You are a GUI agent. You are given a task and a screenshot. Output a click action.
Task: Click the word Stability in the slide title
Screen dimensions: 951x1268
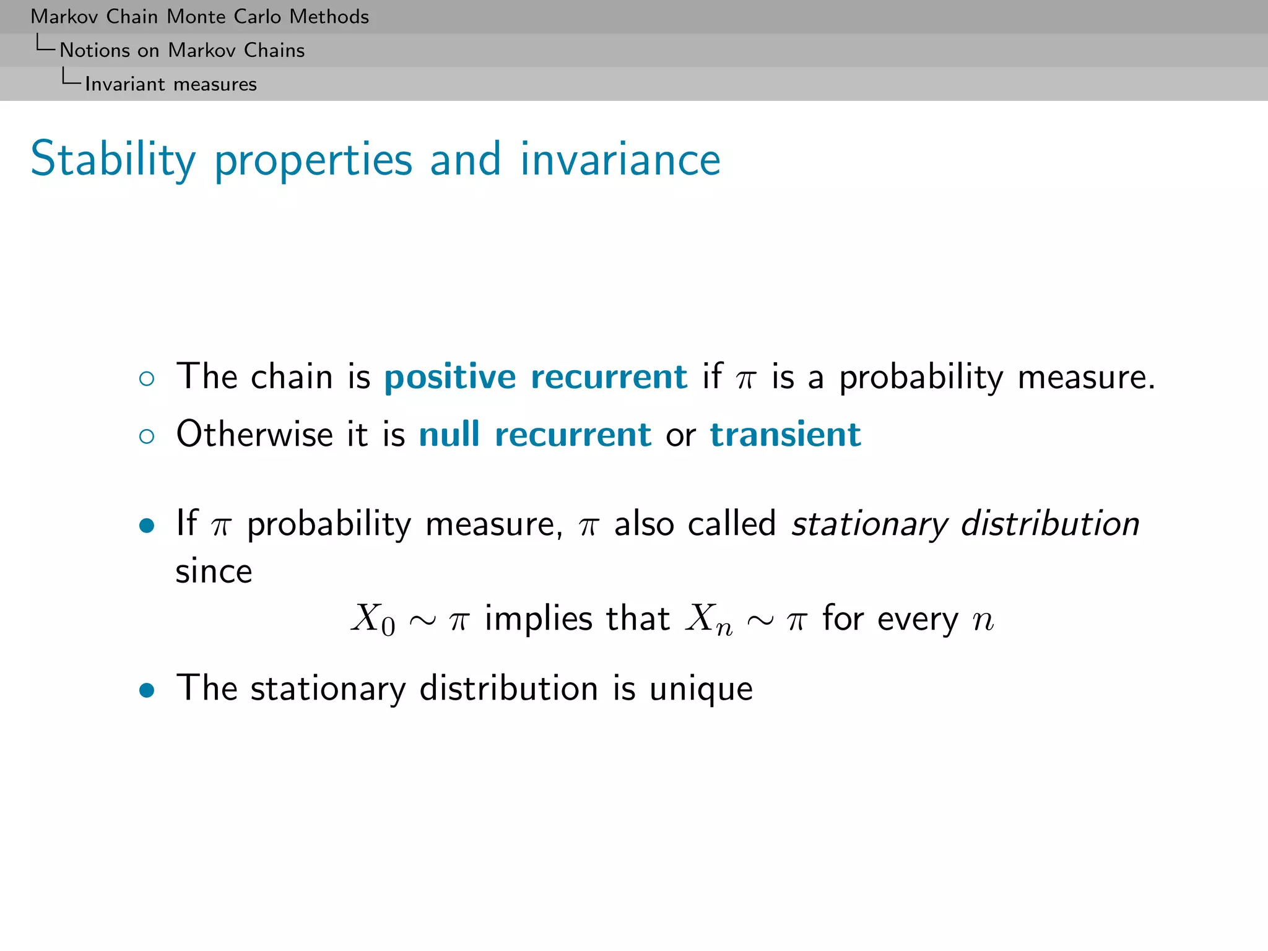point(113,160)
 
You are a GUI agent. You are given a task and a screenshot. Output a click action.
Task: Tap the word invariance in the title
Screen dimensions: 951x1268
point(620,160)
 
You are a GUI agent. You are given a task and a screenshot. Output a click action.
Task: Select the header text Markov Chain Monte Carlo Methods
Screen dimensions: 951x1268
point(199,17)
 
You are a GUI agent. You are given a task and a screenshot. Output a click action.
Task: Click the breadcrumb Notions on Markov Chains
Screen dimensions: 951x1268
point(182,50)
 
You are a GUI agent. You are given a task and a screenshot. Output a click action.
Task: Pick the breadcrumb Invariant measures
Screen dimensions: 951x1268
point(171,84)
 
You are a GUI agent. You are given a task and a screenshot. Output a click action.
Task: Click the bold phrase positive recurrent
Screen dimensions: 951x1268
point(536,377)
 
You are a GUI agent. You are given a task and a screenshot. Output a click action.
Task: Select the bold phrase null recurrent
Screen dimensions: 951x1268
point(535,434)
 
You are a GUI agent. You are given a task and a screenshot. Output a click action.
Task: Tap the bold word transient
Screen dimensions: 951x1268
point(785,434)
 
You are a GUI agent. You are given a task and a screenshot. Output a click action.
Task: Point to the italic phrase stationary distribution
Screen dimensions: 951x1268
point(965,524)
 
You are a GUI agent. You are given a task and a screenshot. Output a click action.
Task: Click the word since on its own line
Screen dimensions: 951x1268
point(214,571)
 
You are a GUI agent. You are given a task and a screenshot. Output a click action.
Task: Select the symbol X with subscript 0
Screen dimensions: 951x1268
point(373,619)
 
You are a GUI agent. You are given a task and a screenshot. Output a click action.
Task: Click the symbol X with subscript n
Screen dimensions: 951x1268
point(708,619)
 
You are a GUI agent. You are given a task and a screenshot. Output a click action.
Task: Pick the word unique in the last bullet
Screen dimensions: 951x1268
point(701,688)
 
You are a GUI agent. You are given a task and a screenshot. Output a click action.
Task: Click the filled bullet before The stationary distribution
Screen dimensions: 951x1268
point(147,690)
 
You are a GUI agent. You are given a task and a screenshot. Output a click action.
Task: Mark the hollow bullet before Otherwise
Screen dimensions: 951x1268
point(147,436)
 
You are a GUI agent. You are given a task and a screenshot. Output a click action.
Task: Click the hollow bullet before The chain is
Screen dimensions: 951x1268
point(147,379)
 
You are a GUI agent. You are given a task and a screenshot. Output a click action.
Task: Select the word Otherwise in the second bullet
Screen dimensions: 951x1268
point(254,434)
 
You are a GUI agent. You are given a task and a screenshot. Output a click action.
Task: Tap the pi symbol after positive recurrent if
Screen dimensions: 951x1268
point(746,379)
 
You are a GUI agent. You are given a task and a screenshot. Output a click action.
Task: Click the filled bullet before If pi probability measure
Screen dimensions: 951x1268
point(147,526)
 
